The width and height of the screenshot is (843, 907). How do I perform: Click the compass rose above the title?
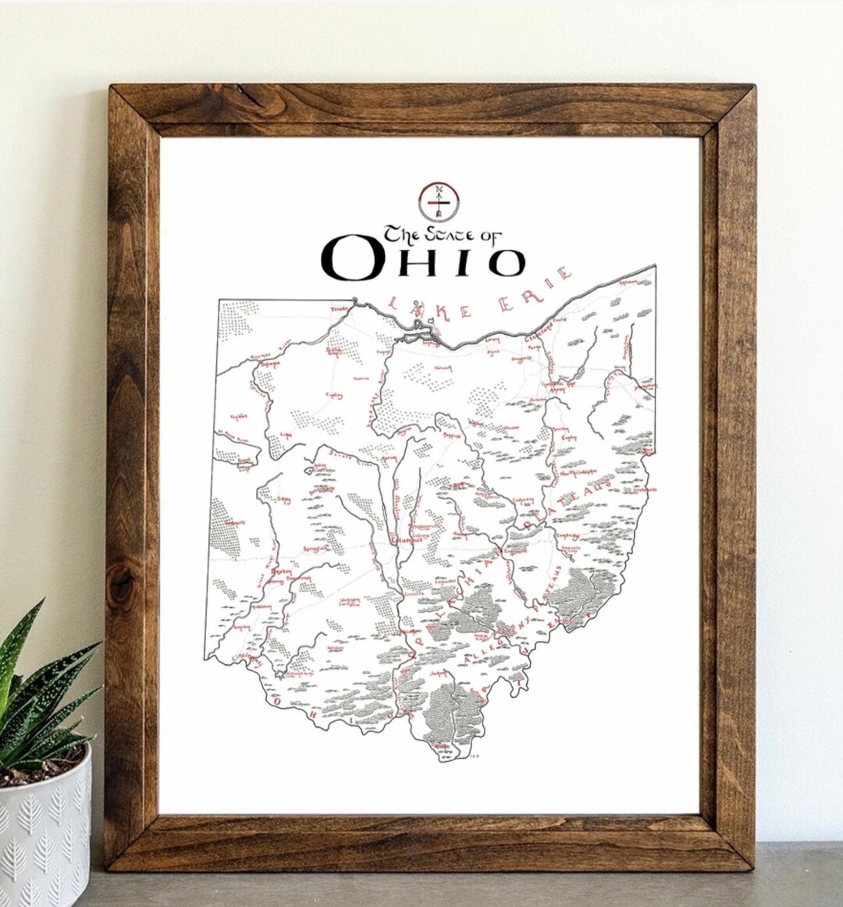[437, 201]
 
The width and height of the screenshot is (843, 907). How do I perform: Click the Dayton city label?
[280, 571]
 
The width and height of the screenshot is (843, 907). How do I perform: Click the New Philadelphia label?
[578, 473]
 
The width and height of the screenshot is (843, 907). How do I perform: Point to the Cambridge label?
[567, 535]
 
